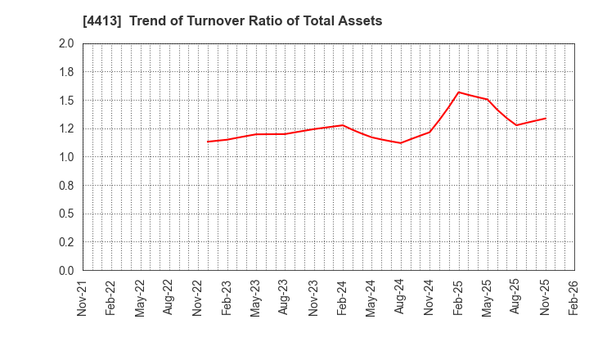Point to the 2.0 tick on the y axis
[x=67, y=43]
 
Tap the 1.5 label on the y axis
[x=67, y=101]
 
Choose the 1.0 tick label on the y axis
[x=67, y=157]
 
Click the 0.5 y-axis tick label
[x=67, y=214]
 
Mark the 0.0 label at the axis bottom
[x=67, y=271]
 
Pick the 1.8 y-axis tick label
[x=67, y=72]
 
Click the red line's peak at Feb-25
[x=458, y=92]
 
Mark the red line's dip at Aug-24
[x=401, y=143]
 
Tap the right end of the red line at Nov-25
[x=546, y=118]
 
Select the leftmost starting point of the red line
[x=208, y=142]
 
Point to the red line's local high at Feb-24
[x=343, y=125]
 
